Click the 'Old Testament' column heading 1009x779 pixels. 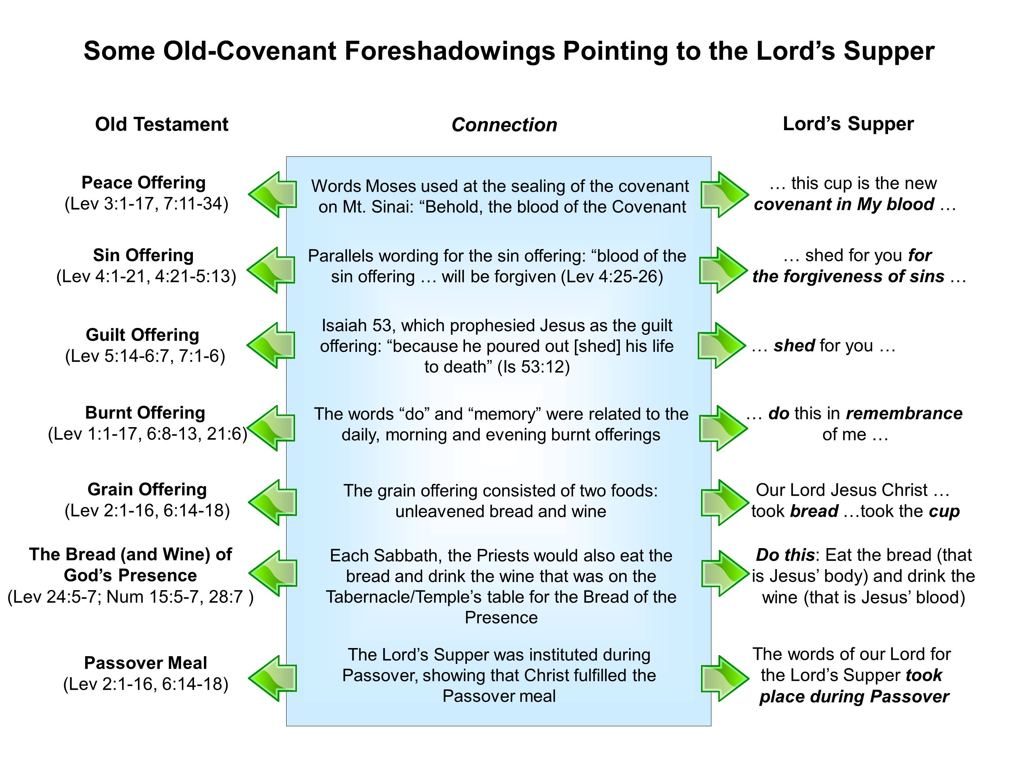click(161, 124)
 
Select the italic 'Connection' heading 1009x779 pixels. click(504, 125)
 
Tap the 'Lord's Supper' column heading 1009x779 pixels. click(848, 124)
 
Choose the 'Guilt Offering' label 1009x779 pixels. click(142, 335)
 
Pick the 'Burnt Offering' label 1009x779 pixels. click(145, 413)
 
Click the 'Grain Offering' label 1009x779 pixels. click(147, 489)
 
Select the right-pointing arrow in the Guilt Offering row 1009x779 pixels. click(722, 346)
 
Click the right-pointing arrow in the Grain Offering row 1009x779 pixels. click(724, 503)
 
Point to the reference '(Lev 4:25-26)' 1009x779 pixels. click(612, 276)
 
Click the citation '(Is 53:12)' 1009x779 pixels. click(533, 366)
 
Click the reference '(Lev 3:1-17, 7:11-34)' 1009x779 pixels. click(146, 204)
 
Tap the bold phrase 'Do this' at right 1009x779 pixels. click(784, 554)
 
